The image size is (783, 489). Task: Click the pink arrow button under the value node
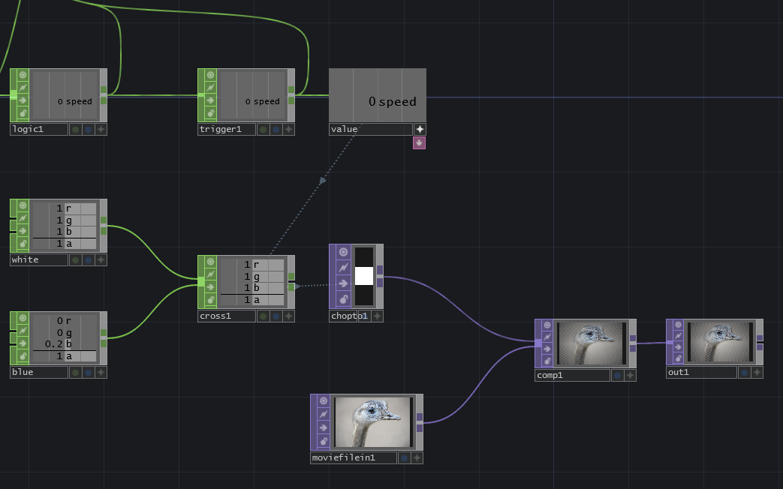[419, 142]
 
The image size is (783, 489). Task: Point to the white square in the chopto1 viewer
[364, 276]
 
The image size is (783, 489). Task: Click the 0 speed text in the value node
[392, 101]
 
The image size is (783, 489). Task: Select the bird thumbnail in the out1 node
[719, 341]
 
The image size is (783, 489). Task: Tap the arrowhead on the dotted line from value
[322, 181]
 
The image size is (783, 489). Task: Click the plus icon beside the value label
[420, 129]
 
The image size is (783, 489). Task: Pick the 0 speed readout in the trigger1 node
[262, 101]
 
